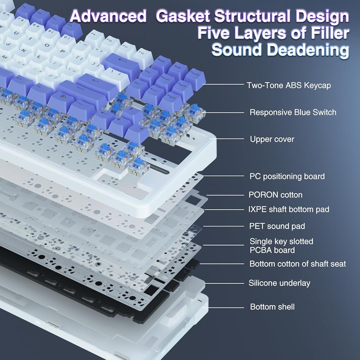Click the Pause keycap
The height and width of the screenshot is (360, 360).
coord(195,76)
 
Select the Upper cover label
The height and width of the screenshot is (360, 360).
coord(272,139)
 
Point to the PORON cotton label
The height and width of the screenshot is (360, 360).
coord(275,195)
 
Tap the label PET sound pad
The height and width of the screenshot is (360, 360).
coord(277,226)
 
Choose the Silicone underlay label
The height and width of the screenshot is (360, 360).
coord(279,283)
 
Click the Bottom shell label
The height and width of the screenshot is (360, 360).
coord(272,307)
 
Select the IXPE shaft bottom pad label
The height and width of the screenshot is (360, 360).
coord(289,209)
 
